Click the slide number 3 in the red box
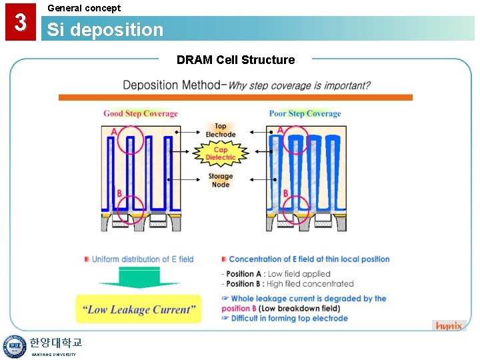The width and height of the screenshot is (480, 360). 21,23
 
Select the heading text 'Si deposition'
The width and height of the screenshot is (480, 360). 105,30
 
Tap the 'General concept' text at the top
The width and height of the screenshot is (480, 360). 84,8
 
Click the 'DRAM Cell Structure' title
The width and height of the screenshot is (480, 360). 235,60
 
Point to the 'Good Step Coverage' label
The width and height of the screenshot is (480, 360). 141,113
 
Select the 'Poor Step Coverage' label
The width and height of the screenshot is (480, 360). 305,113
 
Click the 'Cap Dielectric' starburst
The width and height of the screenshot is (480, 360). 221,154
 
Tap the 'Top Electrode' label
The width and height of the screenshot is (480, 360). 221,130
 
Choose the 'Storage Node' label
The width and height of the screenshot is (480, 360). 220,181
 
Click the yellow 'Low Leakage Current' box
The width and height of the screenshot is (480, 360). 139,309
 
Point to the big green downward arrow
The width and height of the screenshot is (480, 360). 139,277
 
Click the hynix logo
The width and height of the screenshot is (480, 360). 449,325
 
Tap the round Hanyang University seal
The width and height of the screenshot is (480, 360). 14,347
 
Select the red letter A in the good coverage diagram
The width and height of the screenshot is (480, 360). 115,132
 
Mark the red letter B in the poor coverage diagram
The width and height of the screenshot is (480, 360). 285,194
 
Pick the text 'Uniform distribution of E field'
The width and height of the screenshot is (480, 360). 143,259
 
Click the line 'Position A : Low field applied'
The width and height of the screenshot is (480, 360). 278,274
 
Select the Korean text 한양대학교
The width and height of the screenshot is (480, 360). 55,343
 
